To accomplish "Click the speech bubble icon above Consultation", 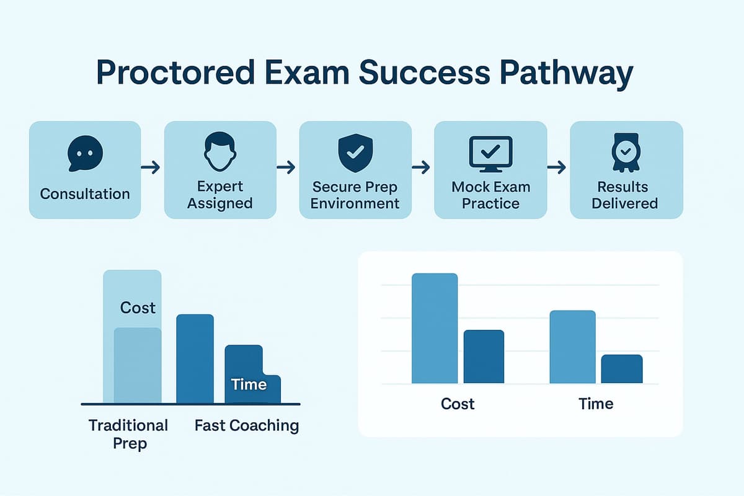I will (x=85, y=153).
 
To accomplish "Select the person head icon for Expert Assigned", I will (x=220, y=151).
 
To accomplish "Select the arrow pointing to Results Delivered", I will (x=557, y=167).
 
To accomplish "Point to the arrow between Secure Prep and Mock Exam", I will (x=422, y=167).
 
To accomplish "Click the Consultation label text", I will (x=85, y=193).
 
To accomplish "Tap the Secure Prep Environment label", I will (x=355, y=195).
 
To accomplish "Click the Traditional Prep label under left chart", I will (x=128, y=434).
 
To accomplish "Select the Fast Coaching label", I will (x=247, y=426).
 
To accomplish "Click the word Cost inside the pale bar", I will (x=138, y=308).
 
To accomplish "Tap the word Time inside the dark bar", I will (x=249, y=384).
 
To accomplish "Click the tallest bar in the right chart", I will (x=435, y=329).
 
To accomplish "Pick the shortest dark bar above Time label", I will (x=622, y=369).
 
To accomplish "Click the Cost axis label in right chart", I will (x=458, y=404).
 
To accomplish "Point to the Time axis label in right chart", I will (x=596, y=404).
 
